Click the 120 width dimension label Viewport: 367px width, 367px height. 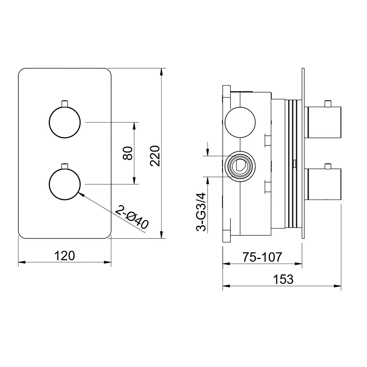coord(65,256)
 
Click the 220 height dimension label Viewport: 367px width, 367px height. coord(155,156)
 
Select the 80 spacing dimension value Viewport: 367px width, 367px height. coord(128,153)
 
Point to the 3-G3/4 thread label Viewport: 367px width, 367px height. coord(201,212)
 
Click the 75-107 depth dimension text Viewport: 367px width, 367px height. coord(262,257)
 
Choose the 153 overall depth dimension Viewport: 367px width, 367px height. coord(283,279)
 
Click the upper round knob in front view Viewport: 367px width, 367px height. coord(65,122)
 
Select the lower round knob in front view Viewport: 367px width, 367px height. coord(65,184)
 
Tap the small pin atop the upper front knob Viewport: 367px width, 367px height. coord(65,104)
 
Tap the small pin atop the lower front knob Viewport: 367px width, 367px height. coord(65,166)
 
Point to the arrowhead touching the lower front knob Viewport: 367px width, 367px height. coord(81,193)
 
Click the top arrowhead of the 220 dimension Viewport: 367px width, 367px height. coord(161,72)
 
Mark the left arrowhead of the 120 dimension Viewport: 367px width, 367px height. coord(22,262)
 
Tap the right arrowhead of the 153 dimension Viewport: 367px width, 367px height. coord(337,286)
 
